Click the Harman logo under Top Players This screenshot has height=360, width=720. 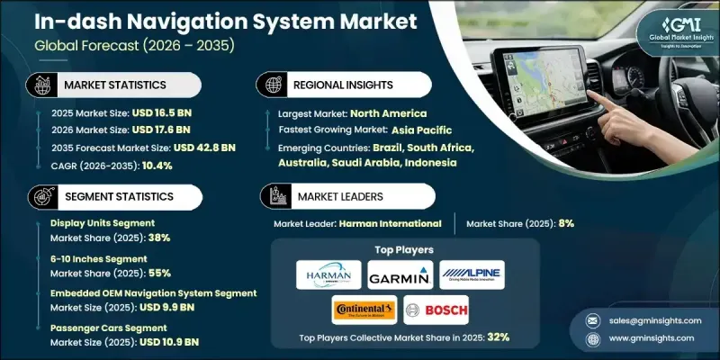[328, 274]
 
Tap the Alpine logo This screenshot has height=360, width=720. [472, 274]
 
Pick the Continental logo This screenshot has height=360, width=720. [364, 310]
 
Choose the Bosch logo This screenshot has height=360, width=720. [436, 310]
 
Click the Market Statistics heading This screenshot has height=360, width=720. [114, 85]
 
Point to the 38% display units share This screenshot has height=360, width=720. [159, 238]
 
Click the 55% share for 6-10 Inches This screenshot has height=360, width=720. [159, 273]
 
